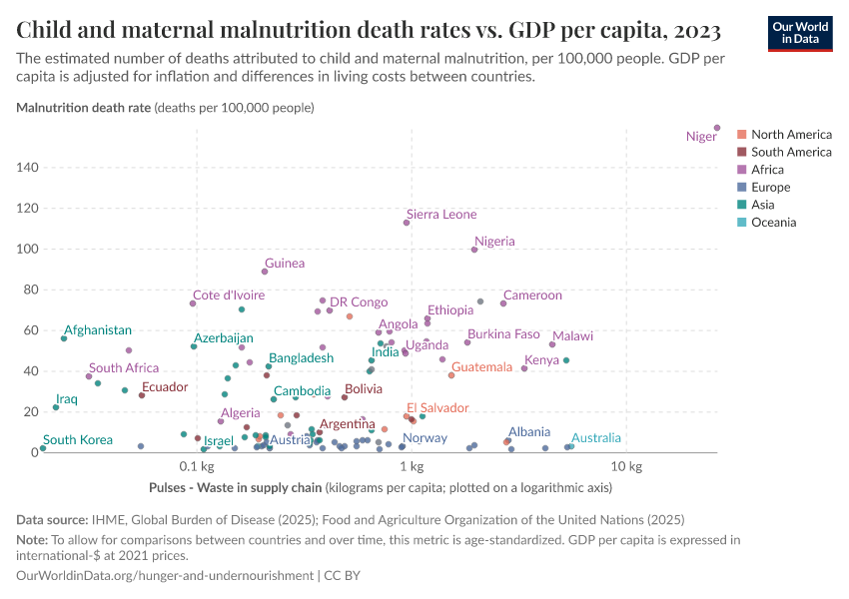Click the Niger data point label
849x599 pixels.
[x=701, y=137]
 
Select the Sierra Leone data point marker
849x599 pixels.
[x=407, y=223]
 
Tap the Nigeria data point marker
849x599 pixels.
[x=474, y=250]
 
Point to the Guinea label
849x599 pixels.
[x=285, y=264]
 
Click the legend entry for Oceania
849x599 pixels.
[x=773, y=223]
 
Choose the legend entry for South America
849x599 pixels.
[x=790, y=152]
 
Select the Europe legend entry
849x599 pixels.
[x=770, y=187]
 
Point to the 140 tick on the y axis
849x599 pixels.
[x=26, y=168]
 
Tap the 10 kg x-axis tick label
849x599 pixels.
[x=625, y=467]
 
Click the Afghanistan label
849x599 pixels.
[x=98, y=330]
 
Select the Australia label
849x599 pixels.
[x=596, y=438]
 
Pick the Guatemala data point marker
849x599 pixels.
[x=451, y=375]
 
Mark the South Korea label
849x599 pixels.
[x=78, y=440]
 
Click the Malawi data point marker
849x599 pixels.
[x=552, y=344]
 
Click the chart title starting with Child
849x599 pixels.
[x=369, y=28]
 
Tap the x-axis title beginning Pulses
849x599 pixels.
[x=380, y=488]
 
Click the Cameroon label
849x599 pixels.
[x=532, y=296]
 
